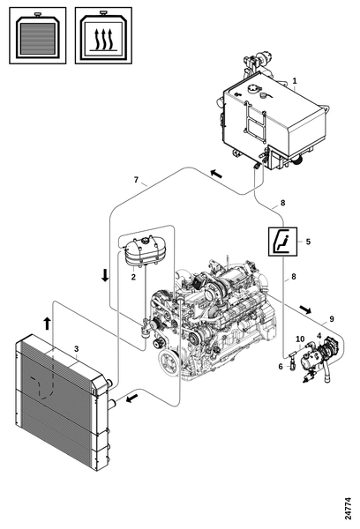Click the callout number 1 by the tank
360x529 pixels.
[x=295, y=81]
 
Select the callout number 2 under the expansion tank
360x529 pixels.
[x=133, y=277]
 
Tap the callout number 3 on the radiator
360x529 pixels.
[x=76, y=348]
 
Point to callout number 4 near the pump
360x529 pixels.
[x=319, y=336]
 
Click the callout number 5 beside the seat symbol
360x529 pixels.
[x=308, y=242]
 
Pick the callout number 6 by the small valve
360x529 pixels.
[x=281, y=367]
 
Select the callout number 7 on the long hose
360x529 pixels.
[x=136, y=180]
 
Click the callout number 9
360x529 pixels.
[x=332, y=319]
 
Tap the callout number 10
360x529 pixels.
[x=300, y=339]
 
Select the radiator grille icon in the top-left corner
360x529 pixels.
[x=37, y=35]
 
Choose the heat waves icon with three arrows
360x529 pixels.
[x=103, y=35]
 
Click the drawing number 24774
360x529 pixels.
[x=349, y=509]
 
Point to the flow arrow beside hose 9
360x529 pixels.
[x=305, y=309]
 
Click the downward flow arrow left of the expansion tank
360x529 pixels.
[x=105, y=275]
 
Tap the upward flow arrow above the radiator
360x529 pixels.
[x=48, y=324]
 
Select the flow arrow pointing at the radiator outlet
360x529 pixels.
[x=131, y=399]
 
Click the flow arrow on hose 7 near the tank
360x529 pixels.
[x=216, y=174]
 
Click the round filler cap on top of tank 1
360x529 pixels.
[x=252, y=89]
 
